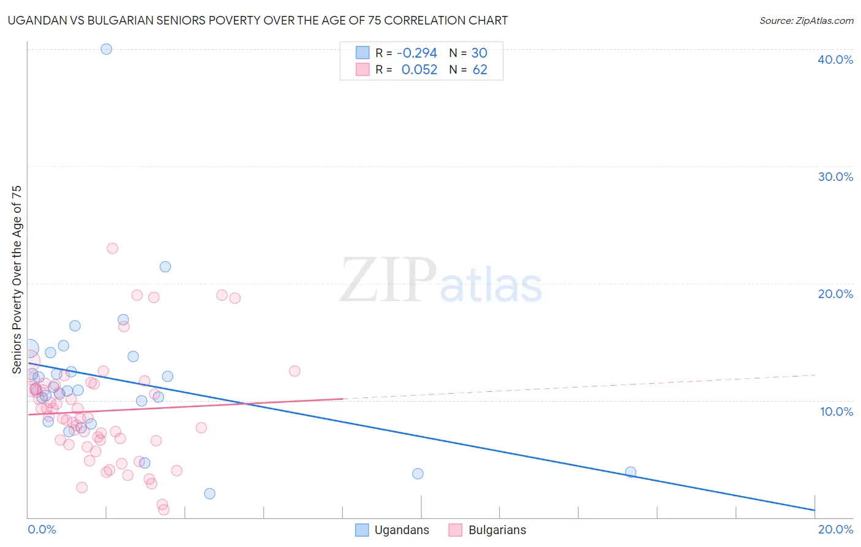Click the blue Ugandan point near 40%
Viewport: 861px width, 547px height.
(x=107, y=49)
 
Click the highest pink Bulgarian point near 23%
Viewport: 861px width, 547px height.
(x=112, y=248)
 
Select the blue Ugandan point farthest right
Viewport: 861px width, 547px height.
(x=631, y=472)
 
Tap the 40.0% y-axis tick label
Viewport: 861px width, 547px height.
(x=835, y=59)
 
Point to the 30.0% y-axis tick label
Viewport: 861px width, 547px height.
(x=835, y=177)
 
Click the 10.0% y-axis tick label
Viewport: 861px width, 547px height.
(x=837, y=411)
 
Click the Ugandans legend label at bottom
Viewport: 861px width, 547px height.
(x=402, y=530)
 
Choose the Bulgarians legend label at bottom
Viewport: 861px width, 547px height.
(x=497, y=530)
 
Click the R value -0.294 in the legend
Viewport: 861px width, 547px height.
(x=417, y=53)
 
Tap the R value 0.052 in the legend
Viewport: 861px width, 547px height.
(x=419, y=70)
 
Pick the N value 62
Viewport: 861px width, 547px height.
(x=480, y=70)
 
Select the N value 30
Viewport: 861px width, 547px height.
(x=479, y=53)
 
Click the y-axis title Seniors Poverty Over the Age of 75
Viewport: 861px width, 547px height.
(x=17, y=279)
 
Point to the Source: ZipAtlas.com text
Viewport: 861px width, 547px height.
(x=806, y=21)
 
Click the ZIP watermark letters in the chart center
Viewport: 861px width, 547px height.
(x=388, y=280)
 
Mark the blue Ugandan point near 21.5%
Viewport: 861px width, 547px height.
(x=165, y=267)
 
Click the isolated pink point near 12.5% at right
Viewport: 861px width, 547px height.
(x=295, y=371)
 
